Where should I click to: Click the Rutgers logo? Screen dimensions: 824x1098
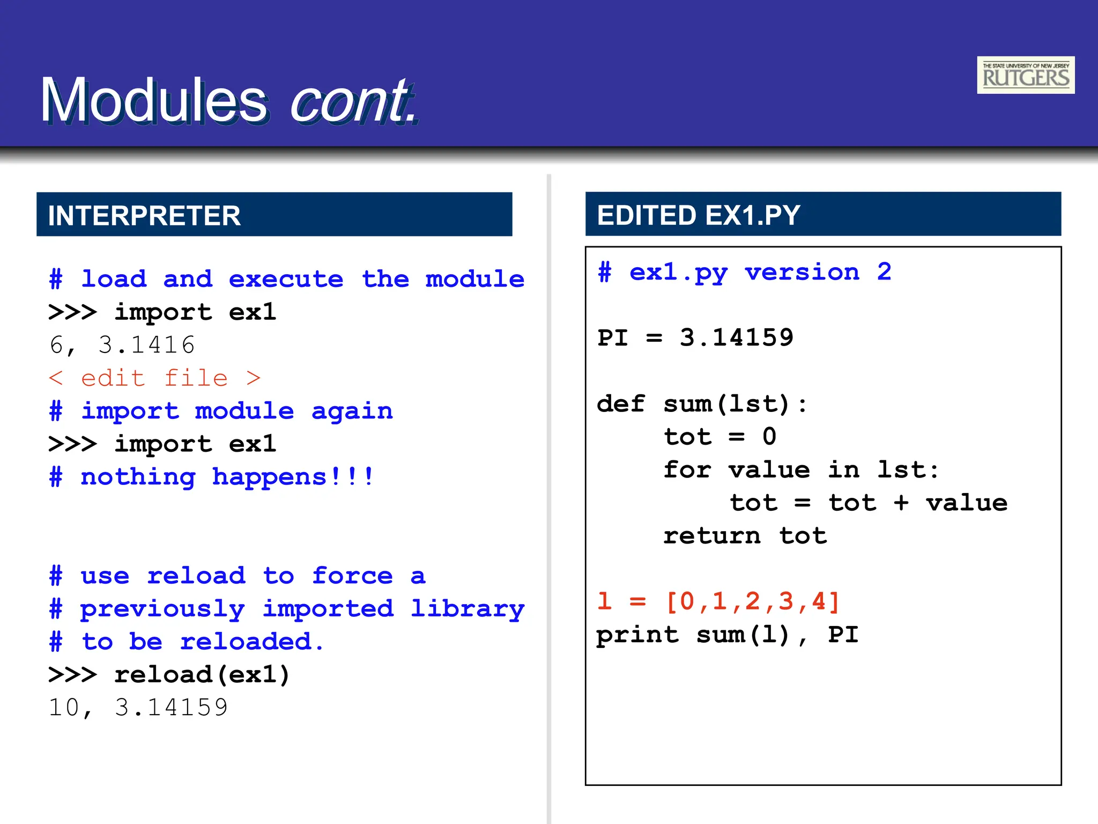pyautogui.click(x=1025, y=75)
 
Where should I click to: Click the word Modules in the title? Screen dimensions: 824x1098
pyautogui.click(x=153, y=100)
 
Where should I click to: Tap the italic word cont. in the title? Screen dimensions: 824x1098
pyautogui.click(x=353, y=100)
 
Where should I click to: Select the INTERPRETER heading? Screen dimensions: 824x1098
pyautogui.click(x=144, y=215)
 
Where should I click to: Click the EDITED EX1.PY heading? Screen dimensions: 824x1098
pyautogui.click(x=698, y=215)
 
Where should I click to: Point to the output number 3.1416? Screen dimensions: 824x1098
pyautogui.click(x=146, y=345)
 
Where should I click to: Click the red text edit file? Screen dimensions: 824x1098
pyautogui.click(x=154, y=378)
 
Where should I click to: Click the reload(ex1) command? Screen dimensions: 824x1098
pyautogui.click(x=202, y=675)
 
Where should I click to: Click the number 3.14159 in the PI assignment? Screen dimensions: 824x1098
pyautogui.click(x=736, y=338)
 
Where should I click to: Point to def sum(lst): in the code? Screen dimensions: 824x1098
pyautogui.click(x=701, y=404)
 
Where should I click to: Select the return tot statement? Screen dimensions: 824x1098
pyautogui.click(x=745, y=536)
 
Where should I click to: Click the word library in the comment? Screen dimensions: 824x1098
pyautogui.click(x=468, y=609)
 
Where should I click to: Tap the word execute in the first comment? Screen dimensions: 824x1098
pyautogui.click(x=286, y=279)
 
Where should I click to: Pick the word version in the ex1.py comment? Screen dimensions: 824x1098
pyautogui.click(x=802, y=272)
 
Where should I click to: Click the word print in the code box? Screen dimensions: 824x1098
pyautogui.click(x=637, y=635)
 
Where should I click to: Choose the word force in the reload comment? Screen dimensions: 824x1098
pyautogui.click(x=352, y=576)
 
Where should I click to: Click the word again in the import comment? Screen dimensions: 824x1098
pyautogui.click(x=352, y=411)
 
